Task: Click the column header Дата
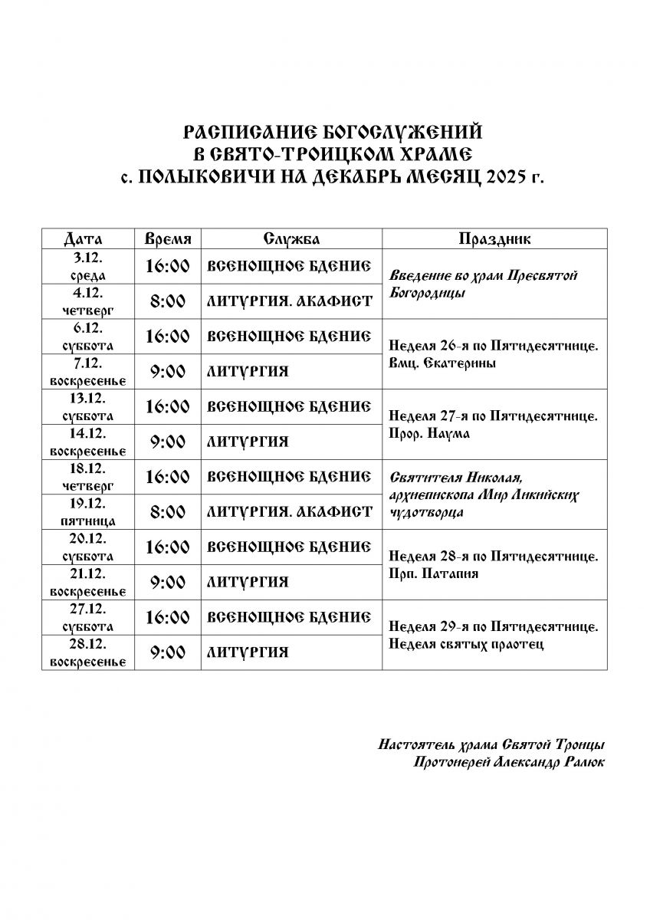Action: point(88,239)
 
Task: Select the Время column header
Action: point(167,239)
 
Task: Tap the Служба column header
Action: point(291,239)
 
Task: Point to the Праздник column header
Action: point(494,239)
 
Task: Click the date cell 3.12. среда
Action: point(88,267)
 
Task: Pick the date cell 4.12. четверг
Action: point(88,301)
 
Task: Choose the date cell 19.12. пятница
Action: point(88,512)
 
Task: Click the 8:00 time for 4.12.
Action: point(167,301)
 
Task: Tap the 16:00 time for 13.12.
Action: point(167,406)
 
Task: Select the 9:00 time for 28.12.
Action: point(167,652)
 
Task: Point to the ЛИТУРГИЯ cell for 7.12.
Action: point(248,372)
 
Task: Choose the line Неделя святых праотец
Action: point(466,644)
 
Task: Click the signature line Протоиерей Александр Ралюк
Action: point(507,762)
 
